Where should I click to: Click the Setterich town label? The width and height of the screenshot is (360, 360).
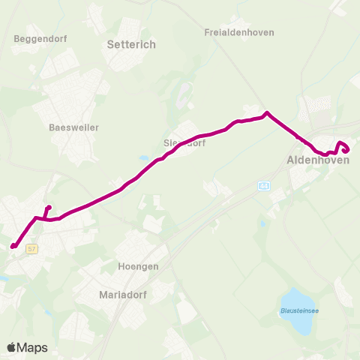[132, 45]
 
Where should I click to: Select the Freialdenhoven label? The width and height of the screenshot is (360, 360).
[239, 33]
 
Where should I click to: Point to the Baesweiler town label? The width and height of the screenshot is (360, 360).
[68, 127]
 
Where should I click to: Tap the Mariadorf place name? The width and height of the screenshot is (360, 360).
[125, 295]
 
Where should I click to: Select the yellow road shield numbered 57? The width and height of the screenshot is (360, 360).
[31, 248]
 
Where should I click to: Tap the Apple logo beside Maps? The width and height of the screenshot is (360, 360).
[12, 347]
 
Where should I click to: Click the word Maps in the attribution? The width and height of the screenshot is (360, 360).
[33, 347]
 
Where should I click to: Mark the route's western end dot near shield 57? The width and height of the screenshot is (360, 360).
[13, 245]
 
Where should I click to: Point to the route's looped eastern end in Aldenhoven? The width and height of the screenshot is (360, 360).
[344, 148]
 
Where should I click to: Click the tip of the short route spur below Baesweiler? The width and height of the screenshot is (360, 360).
[49, 208]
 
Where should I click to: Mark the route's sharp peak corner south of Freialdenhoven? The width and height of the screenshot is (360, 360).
[266, 113]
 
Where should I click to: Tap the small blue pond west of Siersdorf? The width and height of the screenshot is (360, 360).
[143, 159]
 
